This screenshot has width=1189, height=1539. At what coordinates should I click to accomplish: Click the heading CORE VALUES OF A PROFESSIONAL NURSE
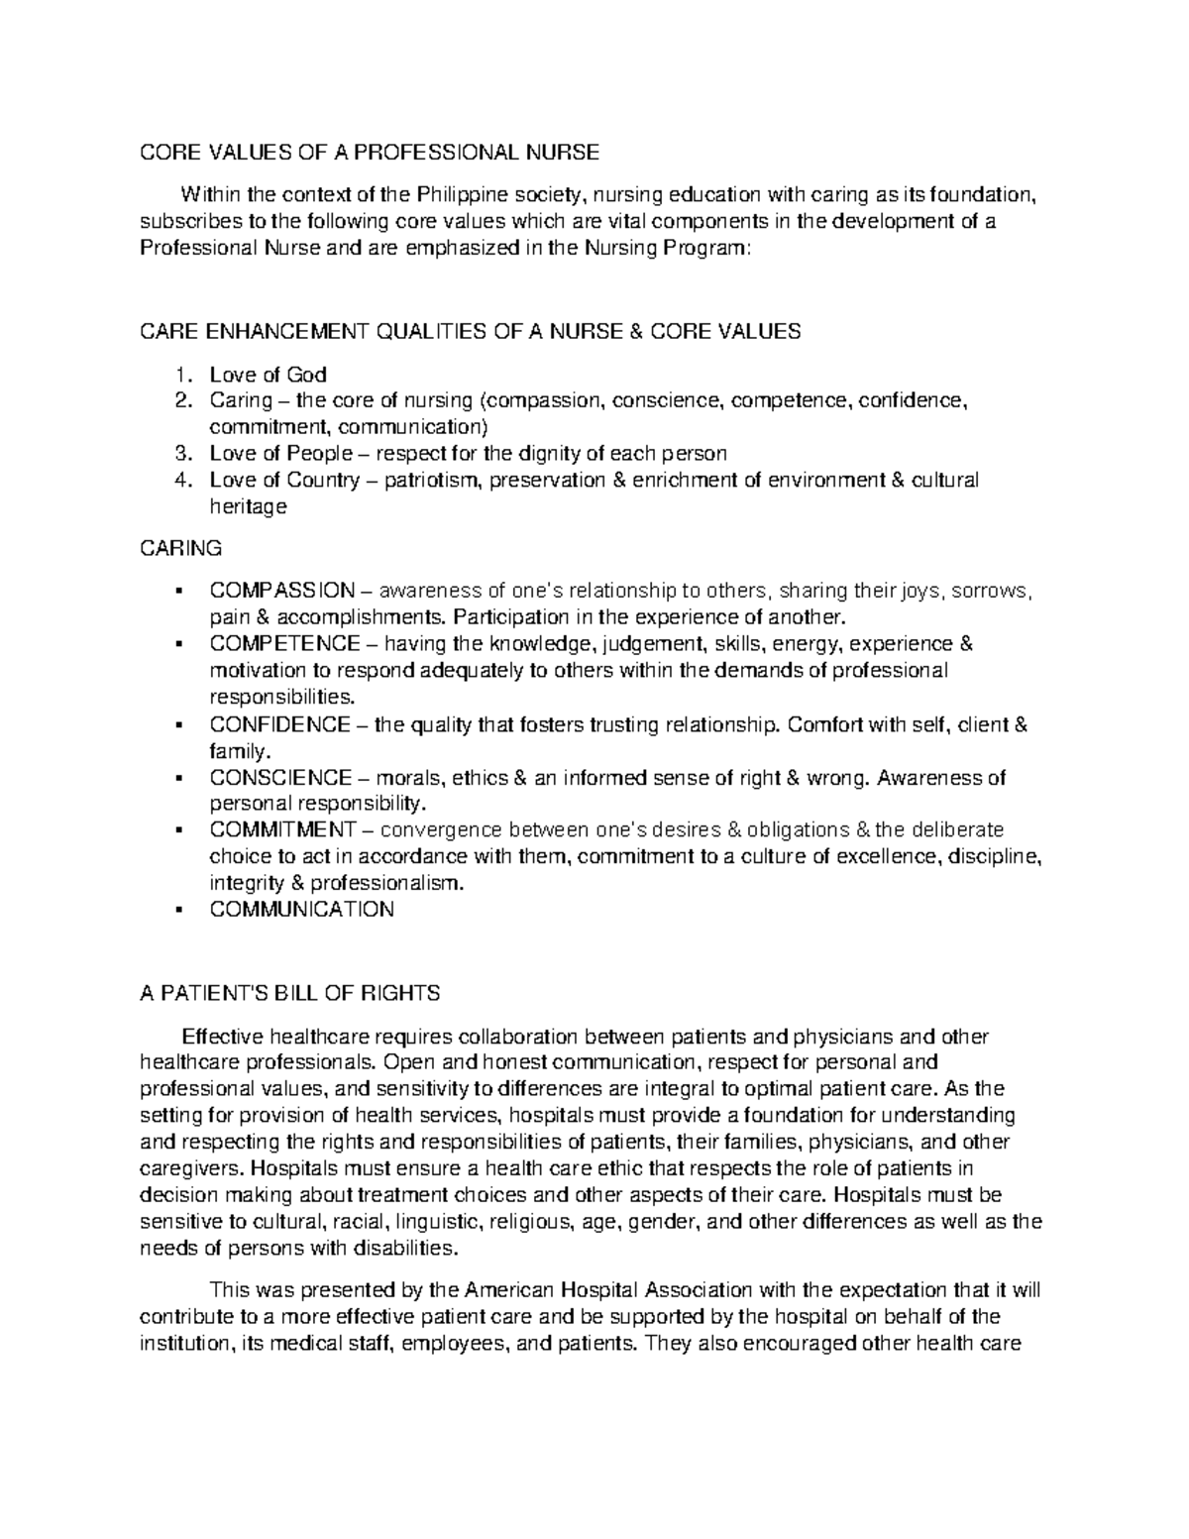click(369, 152)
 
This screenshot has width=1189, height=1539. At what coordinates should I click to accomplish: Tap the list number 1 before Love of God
click(179, 375)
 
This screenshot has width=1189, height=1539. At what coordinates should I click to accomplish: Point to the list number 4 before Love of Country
click(179, 480)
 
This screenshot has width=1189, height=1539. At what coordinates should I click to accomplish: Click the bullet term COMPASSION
click(281, 591)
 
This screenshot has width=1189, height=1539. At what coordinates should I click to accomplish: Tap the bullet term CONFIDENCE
click(279, 724)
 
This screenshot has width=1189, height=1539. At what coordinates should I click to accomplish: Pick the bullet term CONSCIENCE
click(280, 778)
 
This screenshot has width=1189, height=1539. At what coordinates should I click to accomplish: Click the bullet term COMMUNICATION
click(301, 909)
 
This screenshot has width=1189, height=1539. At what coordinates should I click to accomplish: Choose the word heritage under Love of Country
click(248, 506)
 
